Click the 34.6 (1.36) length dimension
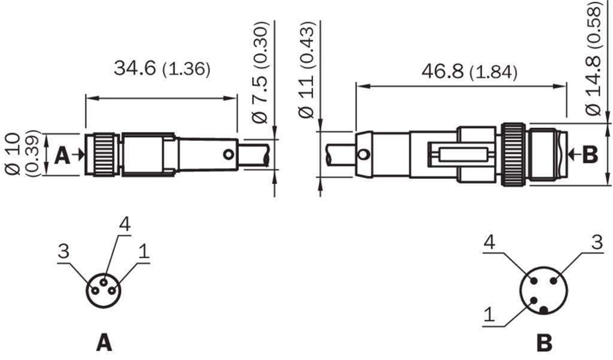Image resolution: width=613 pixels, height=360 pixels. pos(162,68)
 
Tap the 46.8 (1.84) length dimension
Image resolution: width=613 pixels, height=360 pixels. pos(469,72)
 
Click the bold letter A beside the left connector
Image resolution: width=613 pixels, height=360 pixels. pos(62,155)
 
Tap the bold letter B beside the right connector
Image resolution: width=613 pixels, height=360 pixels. pos(590,155)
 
